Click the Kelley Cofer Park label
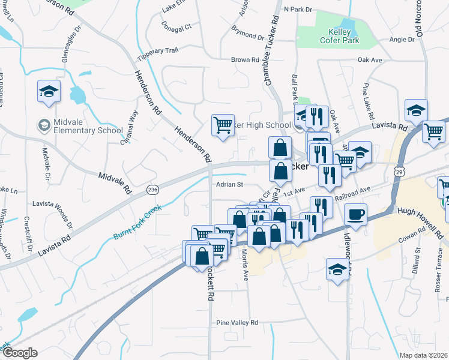344,36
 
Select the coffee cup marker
356,214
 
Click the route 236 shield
152,190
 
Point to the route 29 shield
399,172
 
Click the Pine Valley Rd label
237,322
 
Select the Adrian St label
229,185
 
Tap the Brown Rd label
245,60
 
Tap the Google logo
20,353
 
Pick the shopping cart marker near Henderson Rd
223,125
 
